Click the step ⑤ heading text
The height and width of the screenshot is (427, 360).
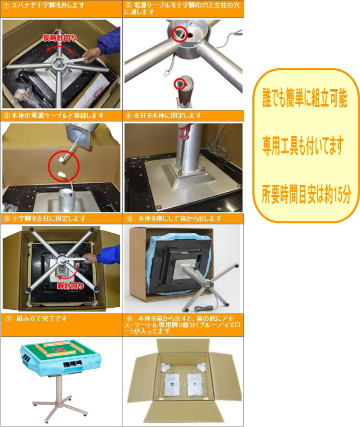point(44,218)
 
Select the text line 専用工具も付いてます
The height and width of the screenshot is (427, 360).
point(303,147)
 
